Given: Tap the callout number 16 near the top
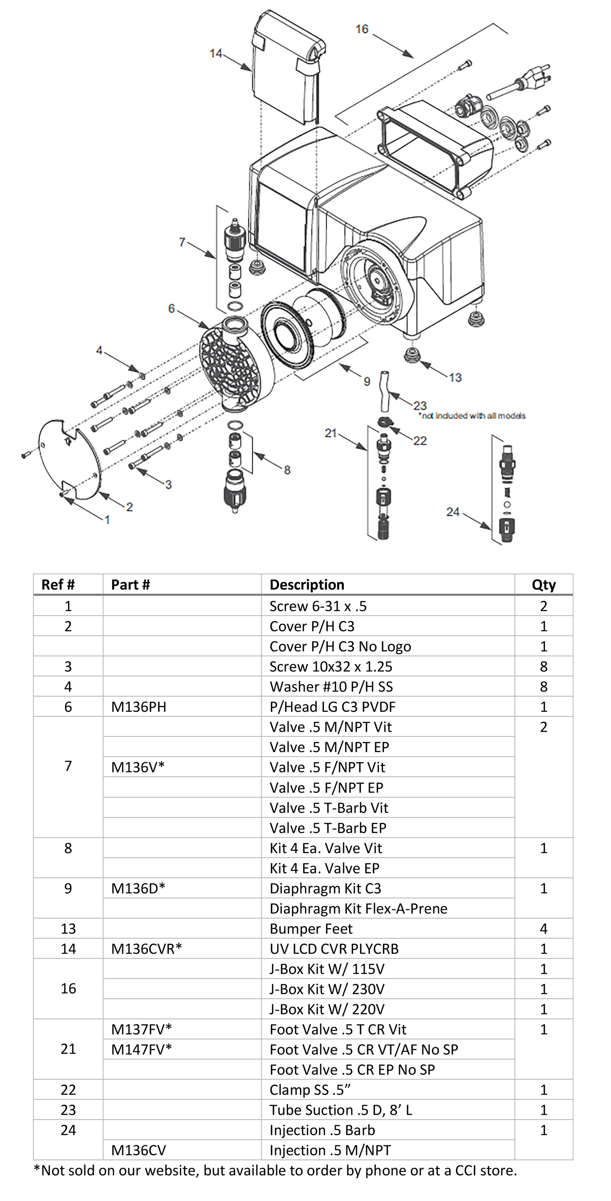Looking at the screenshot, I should click(362, 29).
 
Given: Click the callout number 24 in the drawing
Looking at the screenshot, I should click(453, 512).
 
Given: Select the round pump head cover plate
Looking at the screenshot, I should click(70, 459).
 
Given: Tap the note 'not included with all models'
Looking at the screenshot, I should click(471, 416).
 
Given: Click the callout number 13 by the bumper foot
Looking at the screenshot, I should click(455, 377).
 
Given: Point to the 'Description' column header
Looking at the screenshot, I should click(307, 585).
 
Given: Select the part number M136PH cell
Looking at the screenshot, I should click(139, 707).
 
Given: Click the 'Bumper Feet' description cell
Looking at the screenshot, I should click(311, 929).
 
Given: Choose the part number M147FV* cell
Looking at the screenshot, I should click(141, 1049).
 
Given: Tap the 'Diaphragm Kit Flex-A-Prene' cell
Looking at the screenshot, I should click(358, 909).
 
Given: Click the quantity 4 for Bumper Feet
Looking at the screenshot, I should click(543, 929).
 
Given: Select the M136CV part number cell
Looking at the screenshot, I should click(139, 1151).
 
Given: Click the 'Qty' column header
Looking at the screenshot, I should click(543, 585).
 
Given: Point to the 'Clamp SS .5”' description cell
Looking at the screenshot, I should click(310, 1090).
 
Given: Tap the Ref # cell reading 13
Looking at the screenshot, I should click(68, 929).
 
